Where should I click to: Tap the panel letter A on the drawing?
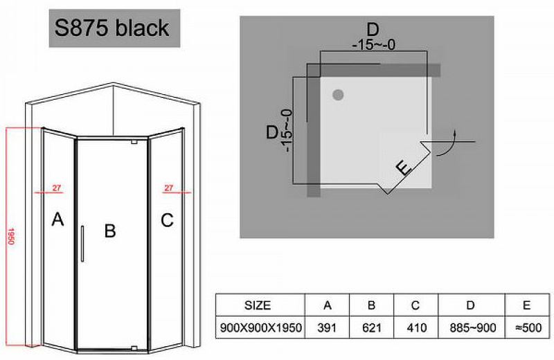click(x=58, y=220)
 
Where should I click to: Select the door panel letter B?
click(x=109, y=231)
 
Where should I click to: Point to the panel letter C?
click(x=167, y=220)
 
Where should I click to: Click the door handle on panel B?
click(x=82, y=243)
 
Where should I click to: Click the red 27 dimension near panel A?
click(x=57, y=187)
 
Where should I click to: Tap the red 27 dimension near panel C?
click(x=168, y=187)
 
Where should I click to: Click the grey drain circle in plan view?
click(x=339, y=95)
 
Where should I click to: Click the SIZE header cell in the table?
click(x=258, y=305)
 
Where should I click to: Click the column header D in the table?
click(x=470, y=305)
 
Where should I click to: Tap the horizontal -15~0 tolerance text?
click(x=373, y=46)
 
